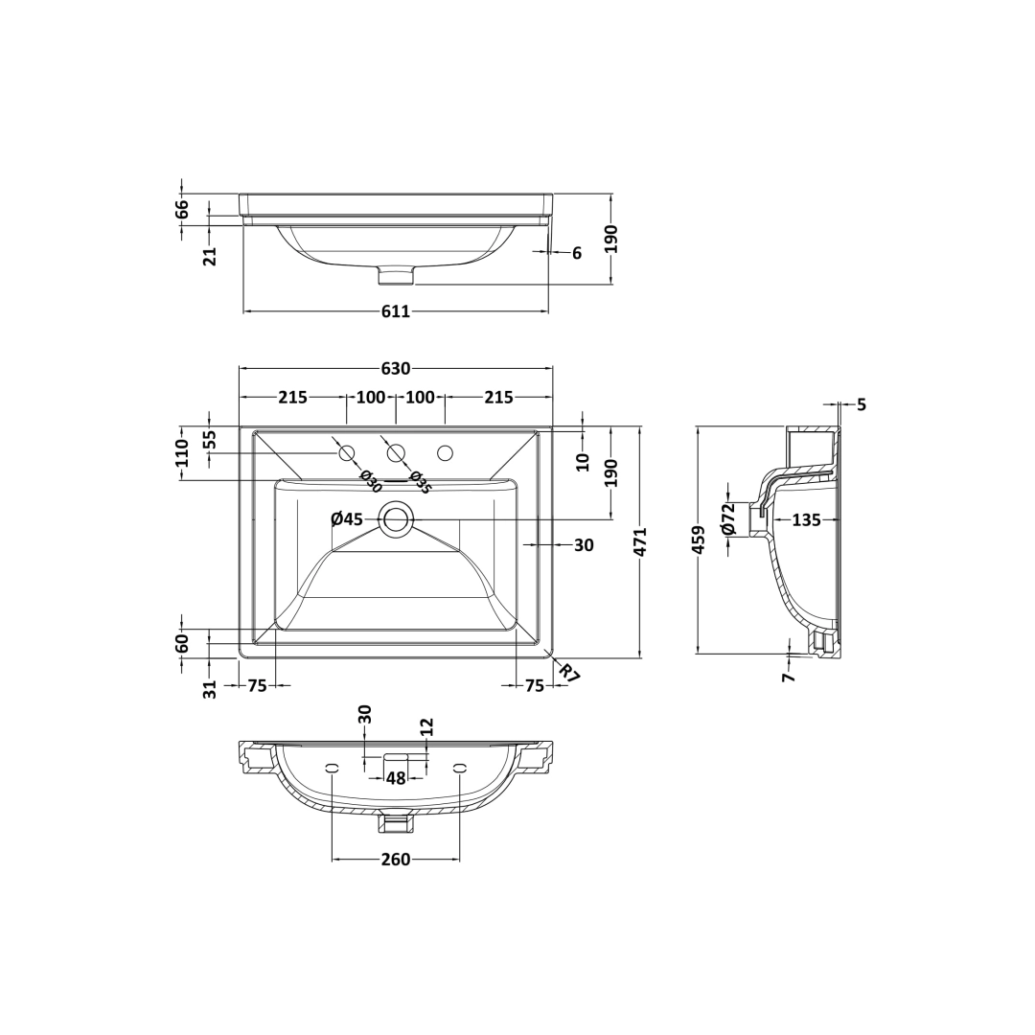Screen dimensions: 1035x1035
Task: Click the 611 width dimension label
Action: click(396, 310)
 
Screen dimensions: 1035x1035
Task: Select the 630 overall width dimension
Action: click(396, 368)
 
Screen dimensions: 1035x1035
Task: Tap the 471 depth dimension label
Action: click(639, 541)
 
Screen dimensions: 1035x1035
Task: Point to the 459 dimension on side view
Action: click(699, 540)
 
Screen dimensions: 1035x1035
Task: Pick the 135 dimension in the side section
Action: click(806, 520)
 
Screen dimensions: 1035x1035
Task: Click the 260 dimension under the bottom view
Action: click(396, 860)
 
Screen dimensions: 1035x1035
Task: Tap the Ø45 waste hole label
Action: click(347, 519)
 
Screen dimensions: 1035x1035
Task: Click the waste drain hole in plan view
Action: click(396, 519)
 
